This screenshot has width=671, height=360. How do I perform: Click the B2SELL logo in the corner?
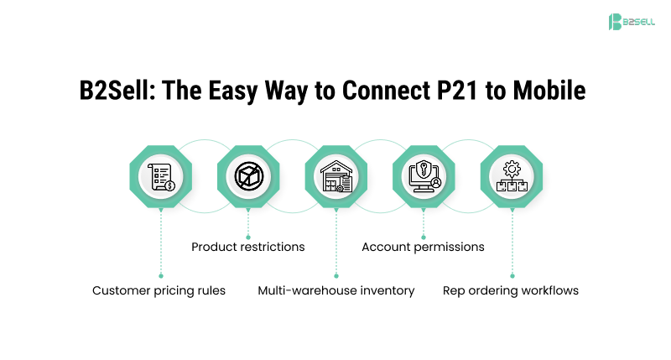632,22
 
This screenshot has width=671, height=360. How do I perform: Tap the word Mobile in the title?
549,91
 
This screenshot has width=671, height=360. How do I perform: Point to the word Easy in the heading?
233,91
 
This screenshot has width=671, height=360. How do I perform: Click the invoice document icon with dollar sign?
161,176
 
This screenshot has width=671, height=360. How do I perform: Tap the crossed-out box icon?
248,176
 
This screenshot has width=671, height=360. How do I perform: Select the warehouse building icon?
336,176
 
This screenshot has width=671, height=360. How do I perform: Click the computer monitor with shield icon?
424,176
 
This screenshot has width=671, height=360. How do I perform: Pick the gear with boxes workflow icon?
512,176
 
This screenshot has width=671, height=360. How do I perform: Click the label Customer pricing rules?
159,290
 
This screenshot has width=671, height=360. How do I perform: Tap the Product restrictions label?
248,247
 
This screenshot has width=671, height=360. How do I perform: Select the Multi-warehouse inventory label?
336,290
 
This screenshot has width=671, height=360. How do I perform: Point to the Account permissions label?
424,247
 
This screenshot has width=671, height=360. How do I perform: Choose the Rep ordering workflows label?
511,290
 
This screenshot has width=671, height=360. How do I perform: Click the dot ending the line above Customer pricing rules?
161,276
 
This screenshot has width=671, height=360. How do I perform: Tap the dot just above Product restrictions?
248,237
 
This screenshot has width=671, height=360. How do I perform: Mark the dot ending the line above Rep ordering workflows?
512,276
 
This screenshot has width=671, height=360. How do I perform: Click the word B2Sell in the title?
117,91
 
